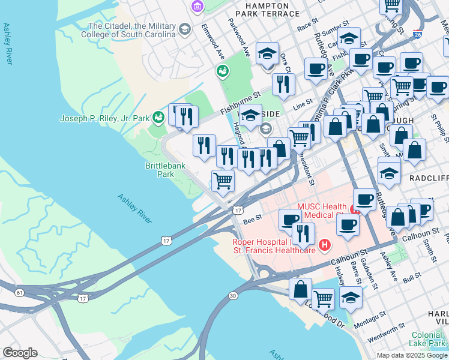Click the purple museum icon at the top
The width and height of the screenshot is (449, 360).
click(196, 7)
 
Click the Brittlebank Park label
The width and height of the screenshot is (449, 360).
click(160, 170)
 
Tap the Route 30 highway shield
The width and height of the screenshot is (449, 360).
click(233, 296)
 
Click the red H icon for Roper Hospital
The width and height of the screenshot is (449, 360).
click(325, 245)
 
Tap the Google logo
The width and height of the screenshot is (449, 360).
click(20, 353)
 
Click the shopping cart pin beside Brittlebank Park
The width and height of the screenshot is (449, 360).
click(223, 180)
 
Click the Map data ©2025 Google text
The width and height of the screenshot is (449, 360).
click(411, 355)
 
